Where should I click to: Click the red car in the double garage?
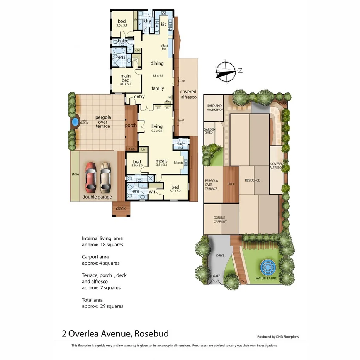click(91, 177)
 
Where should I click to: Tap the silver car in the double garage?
click(105, 177)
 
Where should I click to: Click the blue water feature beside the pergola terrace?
click(75, 123)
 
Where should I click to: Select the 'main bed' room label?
click(126, 78)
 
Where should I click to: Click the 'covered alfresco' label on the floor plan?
click(188, 94)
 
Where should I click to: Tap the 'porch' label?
click(131, 126)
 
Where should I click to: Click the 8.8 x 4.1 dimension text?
click(158, 76)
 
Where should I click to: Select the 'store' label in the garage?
click(75, 174)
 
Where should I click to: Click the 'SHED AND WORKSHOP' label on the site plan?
click(215, 108)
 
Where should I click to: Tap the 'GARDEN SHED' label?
click(209, 131)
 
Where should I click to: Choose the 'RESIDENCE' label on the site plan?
click(252, 180)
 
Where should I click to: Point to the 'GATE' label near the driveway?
click(216, 276)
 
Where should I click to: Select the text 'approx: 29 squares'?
click(102, 306)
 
